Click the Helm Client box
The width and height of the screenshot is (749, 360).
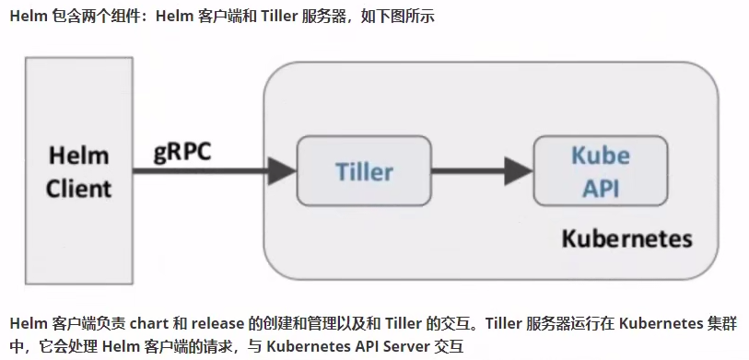(78, 172)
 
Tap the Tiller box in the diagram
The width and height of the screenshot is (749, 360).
(363, 171)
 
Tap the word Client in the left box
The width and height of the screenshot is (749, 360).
(78, 189)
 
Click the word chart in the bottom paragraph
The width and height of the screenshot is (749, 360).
(148, 324)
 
